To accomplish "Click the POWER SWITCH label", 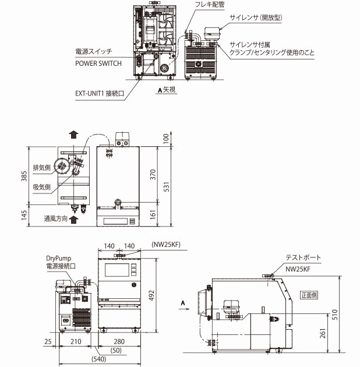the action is tap(98, 63).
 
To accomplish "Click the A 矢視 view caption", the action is tap(167, 90).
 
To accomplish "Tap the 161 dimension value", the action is tap(151, 215).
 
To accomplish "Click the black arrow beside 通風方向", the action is tap(73, 220).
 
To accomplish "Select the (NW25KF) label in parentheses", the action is tap(167, 245).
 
